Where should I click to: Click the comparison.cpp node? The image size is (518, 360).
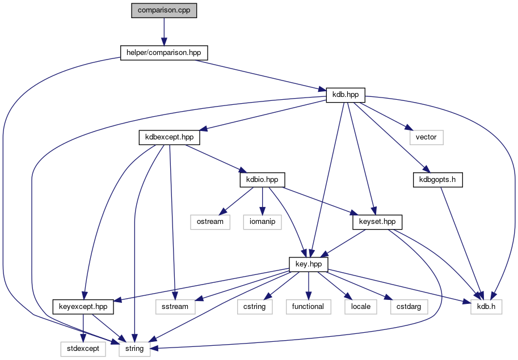click(x=164, y=11)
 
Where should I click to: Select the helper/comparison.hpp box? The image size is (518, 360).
click(x=164, y=53)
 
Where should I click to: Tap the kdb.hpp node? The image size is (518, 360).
click(x=346, y=95)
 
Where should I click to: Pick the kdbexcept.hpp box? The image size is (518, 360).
click(x=170, y=137)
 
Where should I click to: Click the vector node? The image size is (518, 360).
click(x=426, y=137)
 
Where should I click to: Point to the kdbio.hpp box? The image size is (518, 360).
click(x=262, y=180)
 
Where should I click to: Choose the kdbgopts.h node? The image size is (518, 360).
click(x=438, y=180)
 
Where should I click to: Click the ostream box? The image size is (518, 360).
click(x=210, y=222)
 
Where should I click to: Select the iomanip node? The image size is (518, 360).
click(x=262, y=222)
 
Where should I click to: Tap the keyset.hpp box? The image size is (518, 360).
click(x=377, y=222)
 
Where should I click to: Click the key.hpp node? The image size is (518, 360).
click(x=309, y=265)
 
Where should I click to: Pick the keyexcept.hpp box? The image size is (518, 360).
click(x=83, y=307)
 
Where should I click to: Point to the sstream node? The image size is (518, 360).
click(x=175, y=307)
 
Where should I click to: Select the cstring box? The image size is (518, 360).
click(x=255, y=307)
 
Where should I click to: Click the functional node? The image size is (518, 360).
click(x=308, y=307)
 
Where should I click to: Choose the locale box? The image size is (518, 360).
click(x=361, y=307)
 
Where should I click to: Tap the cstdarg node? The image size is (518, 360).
click(x=409, y=307)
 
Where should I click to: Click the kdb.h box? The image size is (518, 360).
click(x=486, y=307)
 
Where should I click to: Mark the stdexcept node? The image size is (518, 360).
click(x=83, y=349)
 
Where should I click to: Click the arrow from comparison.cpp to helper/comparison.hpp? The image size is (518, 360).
click(x=164, y=32)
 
